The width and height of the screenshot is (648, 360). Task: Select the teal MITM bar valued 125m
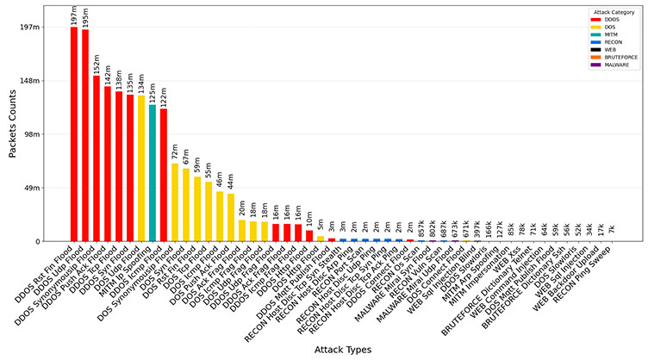coord(153,172)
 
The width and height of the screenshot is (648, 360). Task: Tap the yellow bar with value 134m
coord(141,168)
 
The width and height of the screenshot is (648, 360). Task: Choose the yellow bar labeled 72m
coord(175,202)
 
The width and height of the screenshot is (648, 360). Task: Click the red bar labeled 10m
coord(309,235)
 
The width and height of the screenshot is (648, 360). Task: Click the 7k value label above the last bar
coord(612,229)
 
